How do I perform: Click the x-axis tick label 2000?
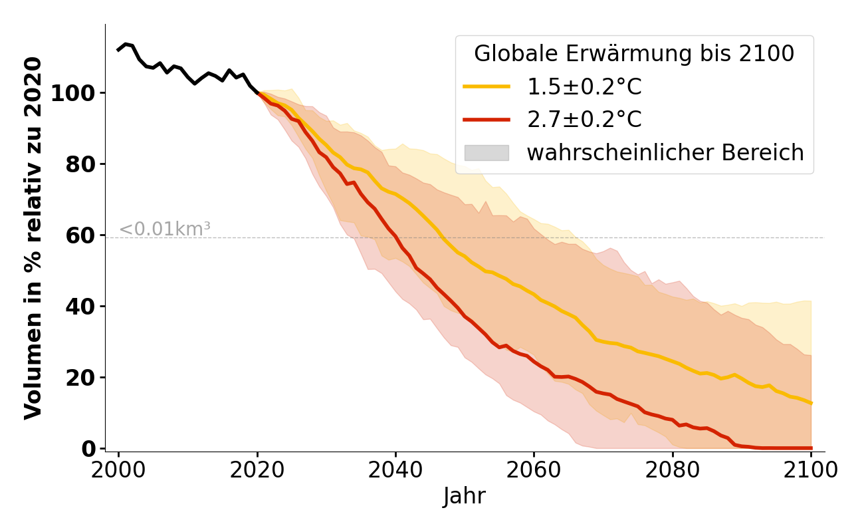tap(118, 470)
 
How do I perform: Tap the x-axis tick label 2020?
tap(257, 470)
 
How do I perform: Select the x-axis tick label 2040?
tap(395, 470)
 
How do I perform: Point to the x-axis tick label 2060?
tap(534, 470)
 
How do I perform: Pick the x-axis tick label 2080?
tap(673, 470)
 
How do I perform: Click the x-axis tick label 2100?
tap(811, 470)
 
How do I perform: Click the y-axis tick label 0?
tap(89, 449)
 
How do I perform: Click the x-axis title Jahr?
tap(465, 497)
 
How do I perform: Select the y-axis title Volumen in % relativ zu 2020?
tap(33, 238)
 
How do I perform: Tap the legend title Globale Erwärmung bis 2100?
tap(634, 54)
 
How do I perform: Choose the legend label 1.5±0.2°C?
tap(584, 86)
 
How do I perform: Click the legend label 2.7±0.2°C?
tap(584, 120)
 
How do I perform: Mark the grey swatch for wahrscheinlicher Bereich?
tap(486, 153)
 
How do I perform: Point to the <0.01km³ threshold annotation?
tap(165, 229)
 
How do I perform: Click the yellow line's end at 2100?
tap(811, 402)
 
